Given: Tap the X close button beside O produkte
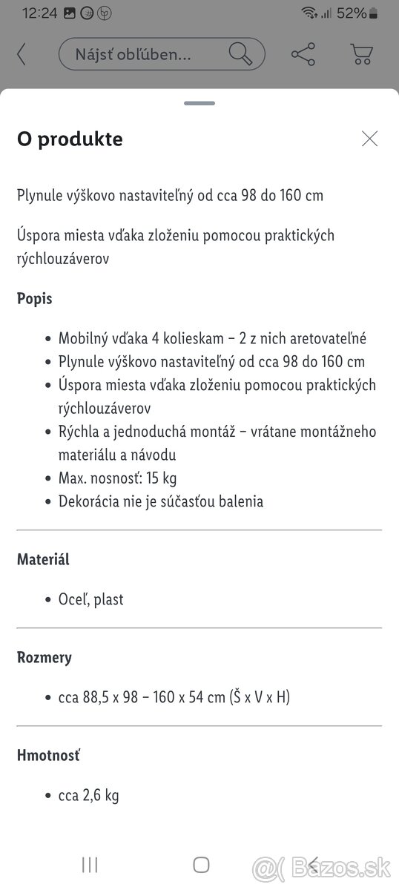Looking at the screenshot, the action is [369, 139].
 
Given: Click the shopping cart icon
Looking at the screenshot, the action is [361, 54].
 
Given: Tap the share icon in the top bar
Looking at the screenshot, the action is [303, 54].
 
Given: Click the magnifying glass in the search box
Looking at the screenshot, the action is [240, 54].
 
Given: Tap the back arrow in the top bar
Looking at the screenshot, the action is [22, 54].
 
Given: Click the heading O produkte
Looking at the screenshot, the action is [70, 139].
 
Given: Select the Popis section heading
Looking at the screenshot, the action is [34, 299].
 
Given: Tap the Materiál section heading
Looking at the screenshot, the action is [43, 559].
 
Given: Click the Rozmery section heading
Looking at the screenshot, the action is [44, 657].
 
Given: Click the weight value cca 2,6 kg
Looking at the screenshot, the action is [88, 795].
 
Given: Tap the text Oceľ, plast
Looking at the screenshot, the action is [90, 599].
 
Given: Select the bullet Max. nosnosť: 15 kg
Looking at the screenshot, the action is [117, 478].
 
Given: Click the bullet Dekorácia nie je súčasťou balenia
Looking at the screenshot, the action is [160, 501].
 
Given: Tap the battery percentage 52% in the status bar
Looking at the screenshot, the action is [351, 13].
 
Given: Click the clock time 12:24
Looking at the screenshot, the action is [39, 13].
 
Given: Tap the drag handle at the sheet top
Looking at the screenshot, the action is [199, 103].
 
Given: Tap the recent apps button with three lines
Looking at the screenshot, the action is [90, 864].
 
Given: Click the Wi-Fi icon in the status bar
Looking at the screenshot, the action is [309, 13].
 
